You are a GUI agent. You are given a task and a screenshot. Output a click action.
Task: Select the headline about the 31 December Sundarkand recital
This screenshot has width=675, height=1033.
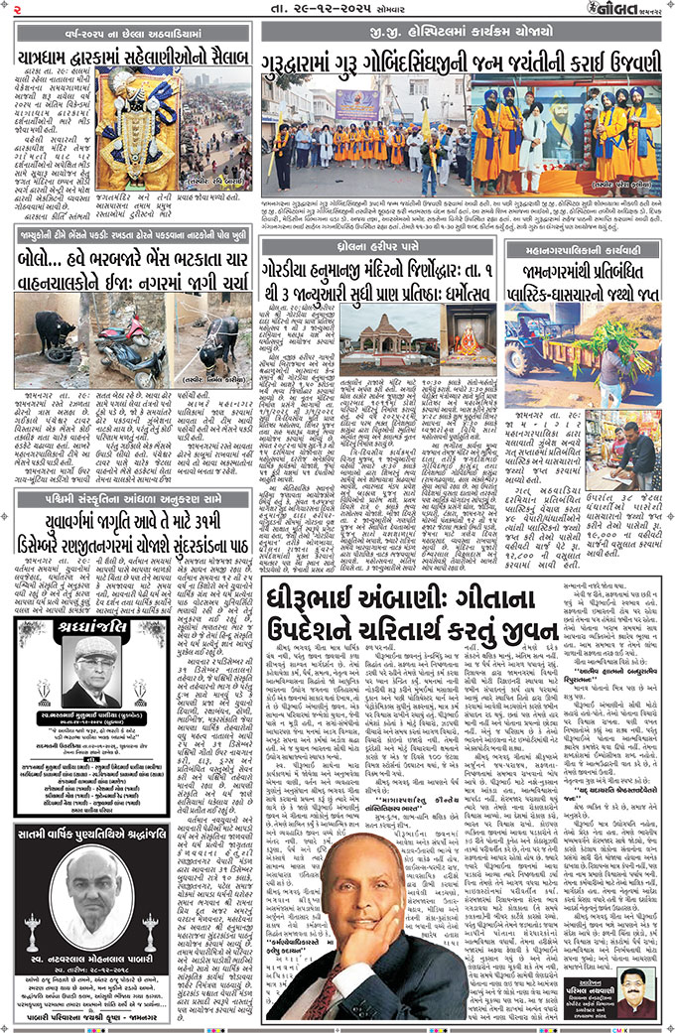pyautogui.click(x=130, y=515)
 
